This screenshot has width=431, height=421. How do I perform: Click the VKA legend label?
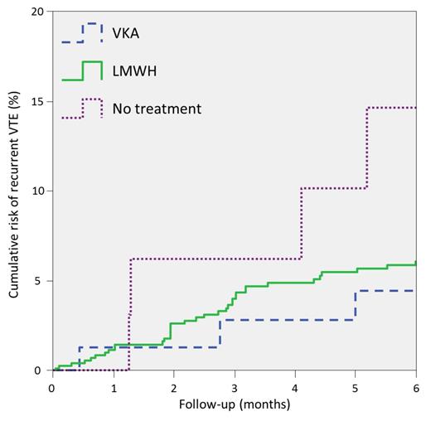point(128,34)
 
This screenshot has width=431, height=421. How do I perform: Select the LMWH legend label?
point(134,71)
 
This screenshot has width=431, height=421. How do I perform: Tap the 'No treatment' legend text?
point(157,109)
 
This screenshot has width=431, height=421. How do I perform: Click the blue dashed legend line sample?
point(81,34)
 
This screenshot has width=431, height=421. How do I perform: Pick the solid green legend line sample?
point(81,71)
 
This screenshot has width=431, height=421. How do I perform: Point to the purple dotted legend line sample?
point(81,109)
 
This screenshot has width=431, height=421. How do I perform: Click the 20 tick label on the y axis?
point(37,12)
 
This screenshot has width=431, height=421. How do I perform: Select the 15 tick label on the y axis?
point(37,102)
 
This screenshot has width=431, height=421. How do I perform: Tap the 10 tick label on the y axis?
point(37,191)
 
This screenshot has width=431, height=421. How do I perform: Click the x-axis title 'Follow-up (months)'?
point(235,406)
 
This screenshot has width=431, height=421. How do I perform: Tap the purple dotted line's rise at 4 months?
point(302,224)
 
